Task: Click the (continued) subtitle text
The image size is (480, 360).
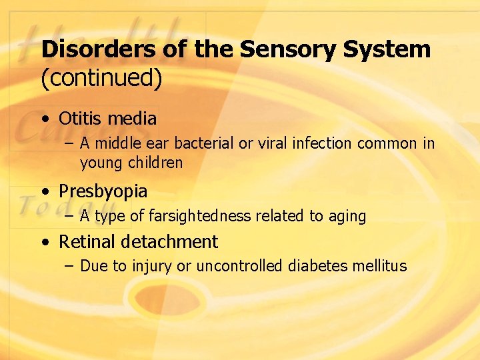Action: pyautogui.click(x=101, y=78)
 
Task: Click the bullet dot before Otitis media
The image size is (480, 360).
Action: pyautogui.click(x=44, y=120)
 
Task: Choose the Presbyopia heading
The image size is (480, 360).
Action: pyautogui.click(x=103, y=192)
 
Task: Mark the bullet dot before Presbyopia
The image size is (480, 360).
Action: pyautogui.click(x=44, y=192)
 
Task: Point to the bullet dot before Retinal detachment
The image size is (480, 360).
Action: pyautogui.click(x=44, y=242)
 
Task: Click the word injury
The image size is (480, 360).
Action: pyautogui.click(x=152, y=267)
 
